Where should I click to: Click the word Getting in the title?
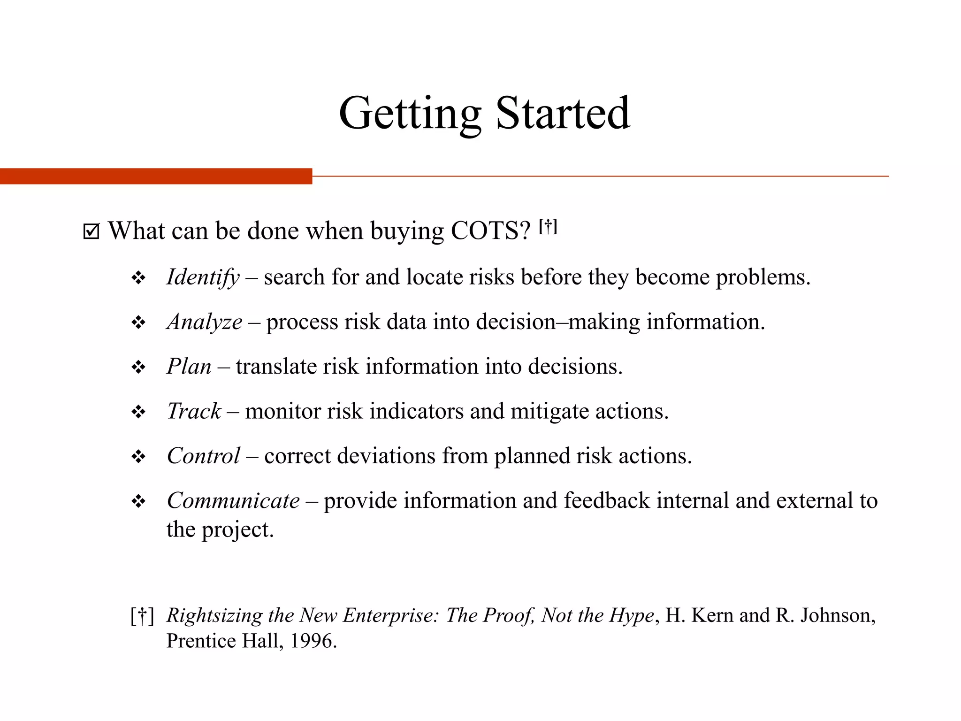410,114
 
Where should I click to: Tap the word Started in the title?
563,114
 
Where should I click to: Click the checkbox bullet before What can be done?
91,231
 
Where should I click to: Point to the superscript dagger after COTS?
548,227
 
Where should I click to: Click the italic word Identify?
203,277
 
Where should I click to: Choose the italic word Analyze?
205,322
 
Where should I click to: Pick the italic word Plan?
189,367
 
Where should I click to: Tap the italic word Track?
194,411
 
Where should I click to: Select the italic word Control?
204,456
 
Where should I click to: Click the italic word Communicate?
233,500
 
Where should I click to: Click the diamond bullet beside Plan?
138,367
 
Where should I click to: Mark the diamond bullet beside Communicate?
138,501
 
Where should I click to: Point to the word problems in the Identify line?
763,277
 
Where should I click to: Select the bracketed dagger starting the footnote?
142,616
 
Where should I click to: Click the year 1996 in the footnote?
313,641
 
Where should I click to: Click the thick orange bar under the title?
156,176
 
